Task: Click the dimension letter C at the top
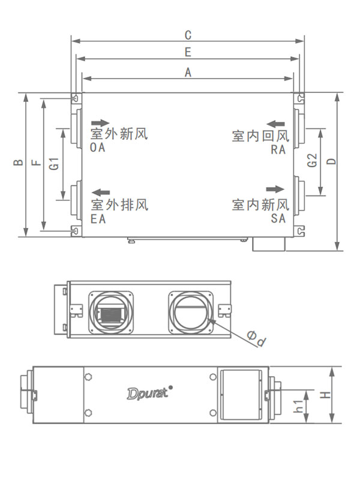(188, 34)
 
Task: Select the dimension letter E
(188, 52)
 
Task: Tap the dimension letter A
(188, 72)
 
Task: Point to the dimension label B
(19, 163)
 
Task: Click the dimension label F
(37, 163)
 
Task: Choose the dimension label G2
(311, 161)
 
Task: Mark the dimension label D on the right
(331, 160)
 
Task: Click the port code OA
(97, 148)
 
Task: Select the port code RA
(278, 150)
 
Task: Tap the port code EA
(98, 219)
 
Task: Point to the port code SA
(278, 219)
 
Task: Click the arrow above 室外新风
(100, 122)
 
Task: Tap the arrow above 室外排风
(100, 193)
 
